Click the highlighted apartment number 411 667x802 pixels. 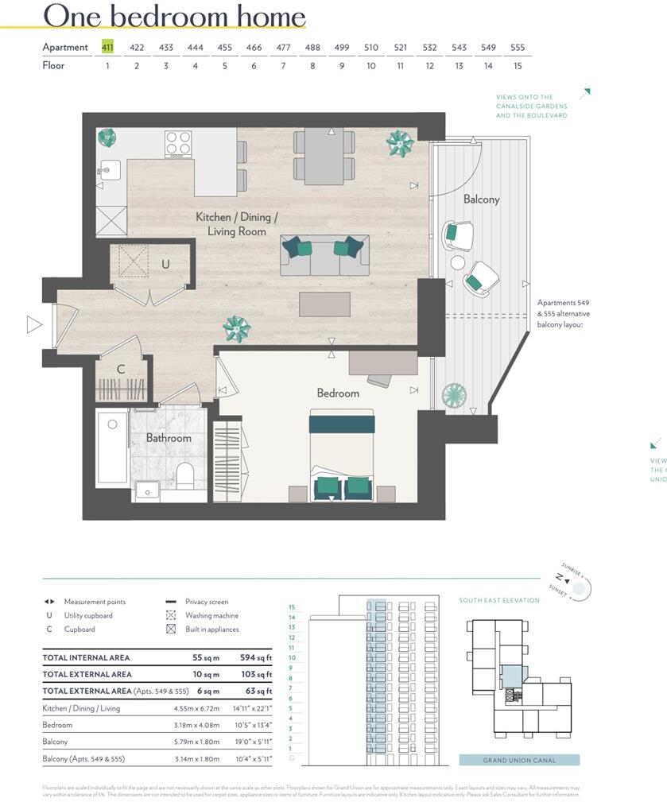tap(107, 47)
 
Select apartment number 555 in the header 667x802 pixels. tap(518, 47)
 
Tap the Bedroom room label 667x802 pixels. tap(338, 393)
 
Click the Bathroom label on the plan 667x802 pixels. tap(169, 438)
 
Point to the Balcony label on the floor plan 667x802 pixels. tap(481, 200)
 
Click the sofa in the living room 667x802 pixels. tap(324, 255)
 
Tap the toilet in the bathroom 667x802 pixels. tap(185, 475)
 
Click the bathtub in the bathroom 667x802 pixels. tap(112, 447)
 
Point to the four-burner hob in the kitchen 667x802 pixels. tap(178, 144)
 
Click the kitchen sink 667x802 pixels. tap(110, 169)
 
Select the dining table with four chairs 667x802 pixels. tap(324, 156)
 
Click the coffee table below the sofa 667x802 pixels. tap(324, 304)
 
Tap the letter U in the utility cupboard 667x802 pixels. tap(165, 264)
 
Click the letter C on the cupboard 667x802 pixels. tap(121, 369)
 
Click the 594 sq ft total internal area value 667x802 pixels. tap(256, 658)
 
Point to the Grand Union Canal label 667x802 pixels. tap(519, 761)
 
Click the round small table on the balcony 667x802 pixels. tap(458, 262)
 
